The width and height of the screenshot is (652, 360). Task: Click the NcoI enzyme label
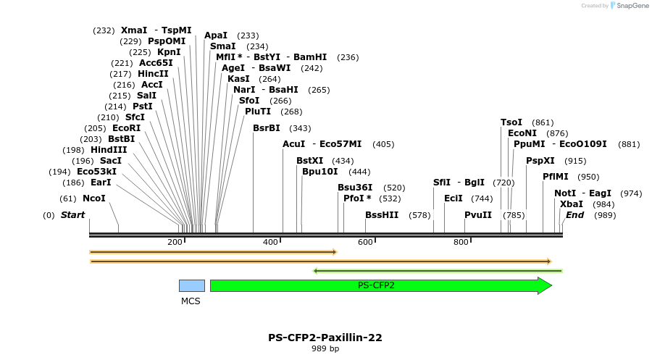[93, 198]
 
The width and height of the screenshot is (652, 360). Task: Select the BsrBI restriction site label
[266, 128]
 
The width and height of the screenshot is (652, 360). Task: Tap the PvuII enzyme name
[478, 215]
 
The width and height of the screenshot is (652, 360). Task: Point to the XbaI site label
[572, 204]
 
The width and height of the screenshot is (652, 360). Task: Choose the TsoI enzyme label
[511, 122]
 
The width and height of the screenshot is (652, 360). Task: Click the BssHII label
[382, 215]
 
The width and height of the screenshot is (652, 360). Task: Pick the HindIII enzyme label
[109, 150]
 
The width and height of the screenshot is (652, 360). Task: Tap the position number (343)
[300, 128]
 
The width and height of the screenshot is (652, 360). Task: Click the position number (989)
[604, 215]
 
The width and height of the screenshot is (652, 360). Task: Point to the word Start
[72, 215]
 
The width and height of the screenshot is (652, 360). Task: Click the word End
[574, 215]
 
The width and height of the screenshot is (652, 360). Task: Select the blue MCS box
[191, 285]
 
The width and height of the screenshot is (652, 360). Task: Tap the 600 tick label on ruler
[366, 243]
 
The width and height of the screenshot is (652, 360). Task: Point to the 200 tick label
[175, 243]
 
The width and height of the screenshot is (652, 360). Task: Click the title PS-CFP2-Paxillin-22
[325, 338]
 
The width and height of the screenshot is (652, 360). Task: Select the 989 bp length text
[325, 349]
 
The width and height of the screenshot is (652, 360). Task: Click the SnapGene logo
[630, 6]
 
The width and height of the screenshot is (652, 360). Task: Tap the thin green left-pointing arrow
[438, 271]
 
